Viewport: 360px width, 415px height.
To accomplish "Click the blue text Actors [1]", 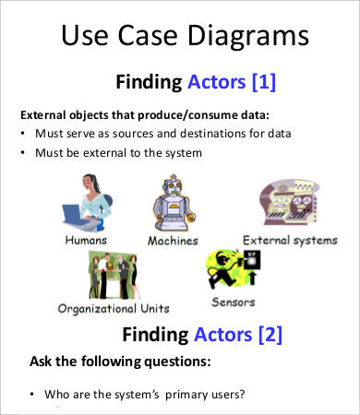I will pos(230,82).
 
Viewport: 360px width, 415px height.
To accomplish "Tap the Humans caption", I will pos(86,239).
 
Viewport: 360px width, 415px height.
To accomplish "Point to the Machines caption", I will pos(173,241).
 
